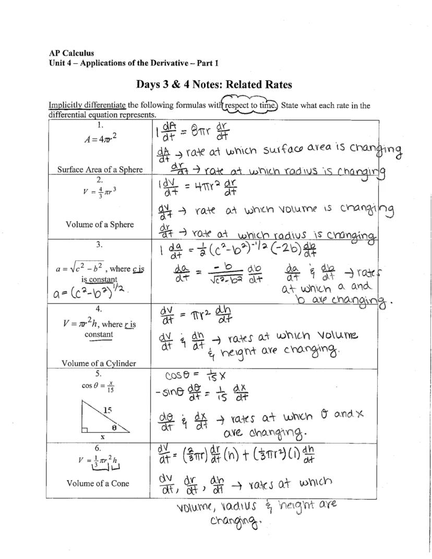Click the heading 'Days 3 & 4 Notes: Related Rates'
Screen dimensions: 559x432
pos(214,85)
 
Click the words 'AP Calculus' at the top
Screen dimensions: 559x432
pos(71,53)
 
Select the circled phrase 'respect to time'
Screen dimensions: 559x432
pos(249,105)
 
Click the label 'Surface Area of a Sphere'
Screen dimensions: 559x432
pos(100,169)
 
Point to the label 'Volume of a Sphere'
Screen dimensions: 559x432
pos(100,224)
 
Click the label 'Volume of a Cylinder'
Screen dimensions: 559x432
pos(99,363)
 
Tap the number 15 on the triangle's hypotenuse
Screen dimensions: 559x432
pos(107,410)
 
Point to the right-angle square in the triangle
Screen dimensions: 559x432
pos(85,430)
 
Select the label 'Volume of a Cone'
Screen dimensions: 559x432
pos(98,483)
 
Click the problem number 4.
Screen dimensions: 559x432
pos(99,309)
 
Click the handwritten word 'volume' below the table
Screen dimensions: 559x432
pos(196,506)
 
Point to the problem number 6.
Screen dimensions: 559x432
pos(98,448)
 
